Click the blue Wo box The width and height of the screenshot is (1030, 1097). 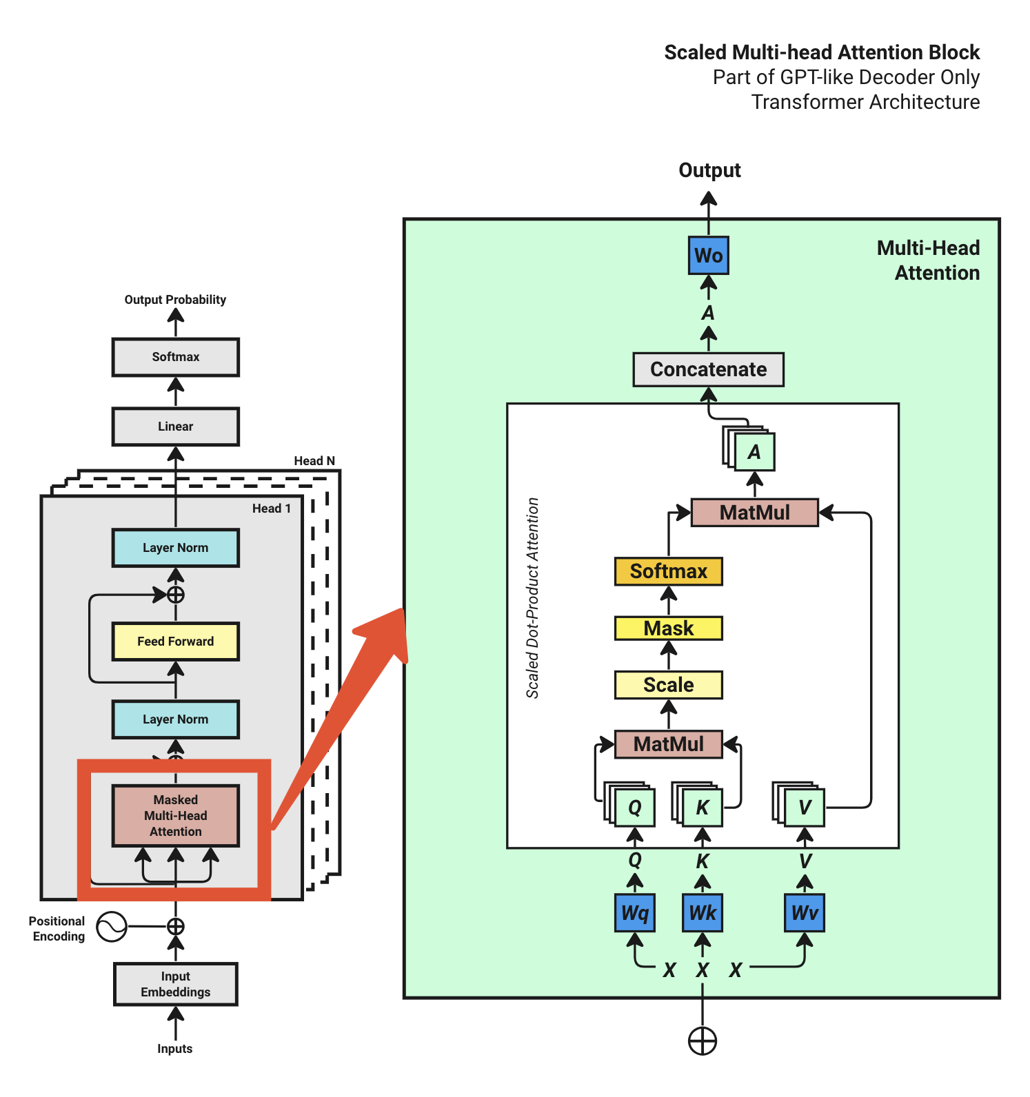pos(708,256)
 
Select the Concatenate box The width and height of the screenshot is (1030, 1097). pos(708,369)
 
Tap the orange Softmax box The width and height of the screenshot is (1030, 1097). pos(668,571)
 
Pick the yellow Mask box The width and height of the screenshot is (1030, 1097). pos(668,628)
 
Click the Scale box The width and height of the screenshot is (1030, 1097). pos(668,685)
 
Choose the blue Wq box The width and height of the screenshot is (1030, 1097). pos(634,913)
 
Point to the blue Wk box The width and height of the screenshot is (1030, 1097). pos(702,913)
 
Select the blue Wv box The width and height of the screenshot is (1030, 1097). pos(804,913)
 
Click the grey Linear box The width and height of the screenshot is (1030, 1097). pos(175,427)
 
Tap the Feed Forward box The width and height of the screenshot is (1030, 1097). pos(175,642)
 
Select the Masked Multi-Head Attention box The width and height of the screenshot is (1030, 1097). pos(175,816)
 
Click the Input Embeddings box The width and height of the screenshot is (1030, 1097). pos(175,984)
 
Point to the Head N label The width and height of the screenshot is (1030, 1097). pos(314,461)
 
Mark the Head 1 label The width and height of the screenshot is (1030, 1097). pos(271,509)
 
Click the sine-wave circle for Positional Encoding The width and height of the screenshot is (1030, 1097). pos(112,927)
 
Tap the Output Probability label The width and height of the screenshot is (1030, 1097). pos(175,300)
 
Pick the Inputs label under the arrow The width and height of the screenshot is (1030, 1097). pos(174,1049)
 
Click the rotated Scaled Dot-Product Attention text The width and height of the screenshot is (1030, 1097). pos(532,598)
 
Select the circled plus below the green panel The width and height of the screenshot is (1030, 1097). pos(703,1041)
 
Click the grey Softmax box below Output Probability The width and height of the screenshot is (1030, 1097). pos(175,357)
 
